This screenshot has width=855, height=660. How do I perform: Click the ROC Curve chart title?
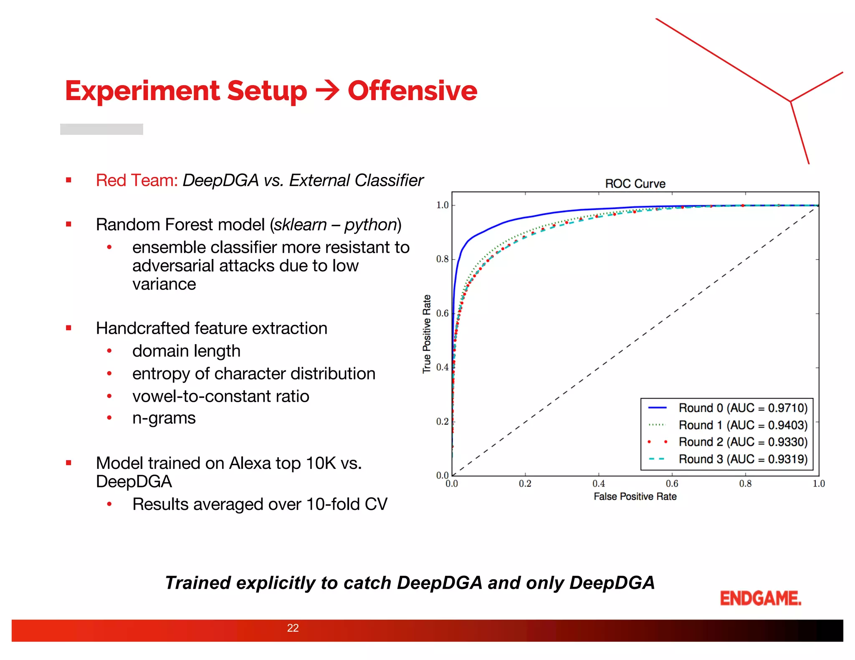635,184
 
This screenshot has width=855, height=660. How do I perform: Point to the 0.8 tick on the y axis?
442,259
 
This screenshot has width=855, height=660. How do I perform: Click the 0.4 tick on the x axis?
598,484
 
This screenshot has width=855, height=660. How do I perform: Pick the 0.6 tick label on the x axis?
672,484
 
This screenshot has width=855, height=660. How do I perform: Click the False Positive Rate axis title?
635,496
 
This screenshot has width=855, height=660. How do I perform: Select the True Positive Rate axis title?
427,334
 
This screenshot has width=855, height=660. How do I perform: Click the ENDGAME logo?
760,598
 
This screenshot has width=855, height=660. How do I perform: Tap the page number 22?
293,628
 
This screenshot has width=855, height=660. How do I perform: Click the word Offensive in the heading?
412,91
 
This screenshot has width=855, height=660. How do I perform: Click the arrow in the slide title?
327,91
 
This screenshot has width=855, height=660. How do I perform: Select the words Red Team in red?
137,180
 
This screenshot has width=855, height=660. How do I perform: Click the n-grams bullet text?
164,418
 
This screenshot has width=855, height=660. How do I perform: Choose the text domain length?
186,351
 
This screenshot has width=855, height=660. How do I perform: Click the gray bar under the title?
101,129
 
